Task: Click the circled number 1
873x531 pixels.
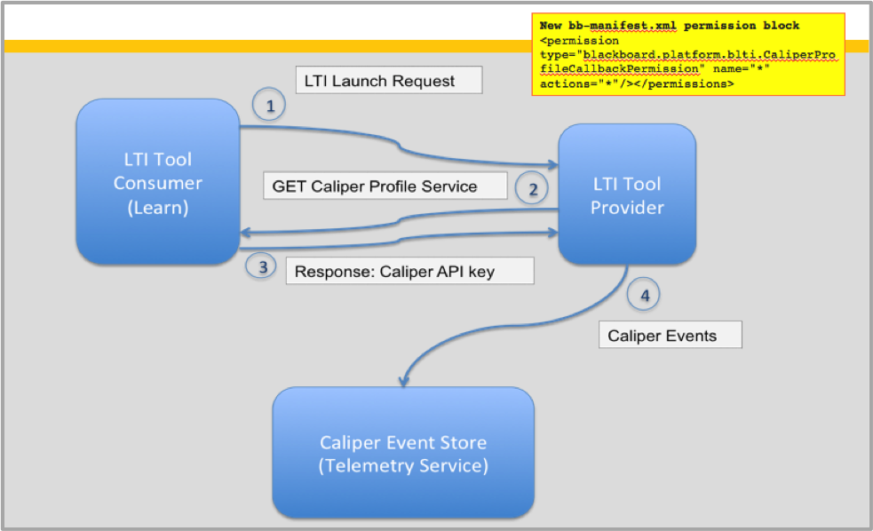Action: click(270, 106)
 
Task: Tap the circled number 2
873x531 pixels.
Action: click(532, 188)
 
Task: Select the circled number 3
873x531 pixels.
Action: click(260, 266)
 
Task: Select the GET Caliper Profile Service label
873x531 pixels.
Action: click(385, 186)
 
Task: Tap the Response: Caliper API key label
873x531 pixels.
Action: click(409, 272)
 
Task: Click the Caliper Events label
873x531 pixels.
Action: click(670, 336)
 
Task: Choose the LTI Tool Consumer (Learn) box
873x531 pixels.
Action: click(157, 182)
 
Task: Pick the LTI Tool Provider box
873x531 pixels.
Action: click(628, 195)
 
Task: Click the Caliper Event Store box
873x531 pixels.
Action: click(402, 453)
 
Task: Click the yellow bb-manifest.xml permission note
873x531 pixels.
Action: click(688, 54)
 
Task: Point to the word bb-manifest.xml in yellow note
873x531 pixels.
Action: click(612, 26)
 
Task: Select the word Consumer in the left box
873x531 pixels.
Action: click(157, 183)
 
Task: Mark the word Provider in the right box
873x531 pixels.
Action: click(628, 207)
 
